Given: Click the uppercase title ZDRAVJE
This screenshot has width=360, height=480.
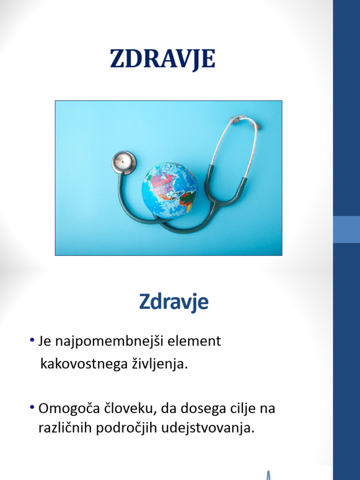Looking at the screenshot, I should click(163, 59).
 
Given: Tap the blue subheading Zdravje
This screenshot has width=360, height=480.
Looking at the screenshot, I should click(173, 302).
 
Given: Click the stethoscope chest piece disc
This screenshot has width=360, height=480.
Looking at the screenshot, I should click(124, 162).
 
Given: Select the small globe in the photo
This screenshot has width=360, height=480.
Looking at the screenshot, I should click(169, 190).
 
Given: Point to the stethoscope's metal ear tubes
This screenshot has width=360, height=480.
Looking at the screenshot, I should click(234, 145).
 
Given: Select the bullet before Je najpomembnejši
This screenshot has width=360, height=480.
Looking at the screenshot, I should click(31, 340).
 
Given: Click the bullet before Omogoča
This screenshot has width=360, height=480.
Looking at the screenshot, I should click(31, 407).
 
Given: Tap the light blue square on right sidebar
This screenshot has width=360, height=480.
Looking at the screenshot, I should click(346, 229).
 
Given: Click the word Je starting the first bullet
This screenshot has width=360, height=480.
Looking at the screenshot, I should click(45, 342).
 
